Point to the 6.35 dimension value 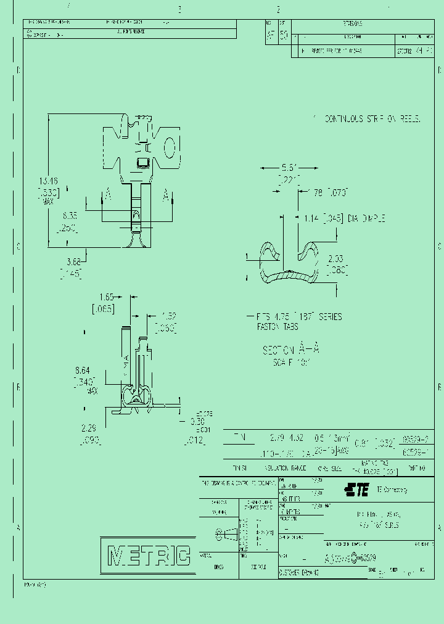pyautogui.click(x=69, y=217)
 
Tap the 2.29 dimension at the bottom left pyautogui.click(x=89, y=428)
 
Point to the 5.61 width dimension pyautogui.click(x=289, y=168)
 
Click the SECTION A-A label pyautogui.click(x=291, y=349)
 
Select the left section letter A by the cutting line pyautogui.click(x=108, y=195)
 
